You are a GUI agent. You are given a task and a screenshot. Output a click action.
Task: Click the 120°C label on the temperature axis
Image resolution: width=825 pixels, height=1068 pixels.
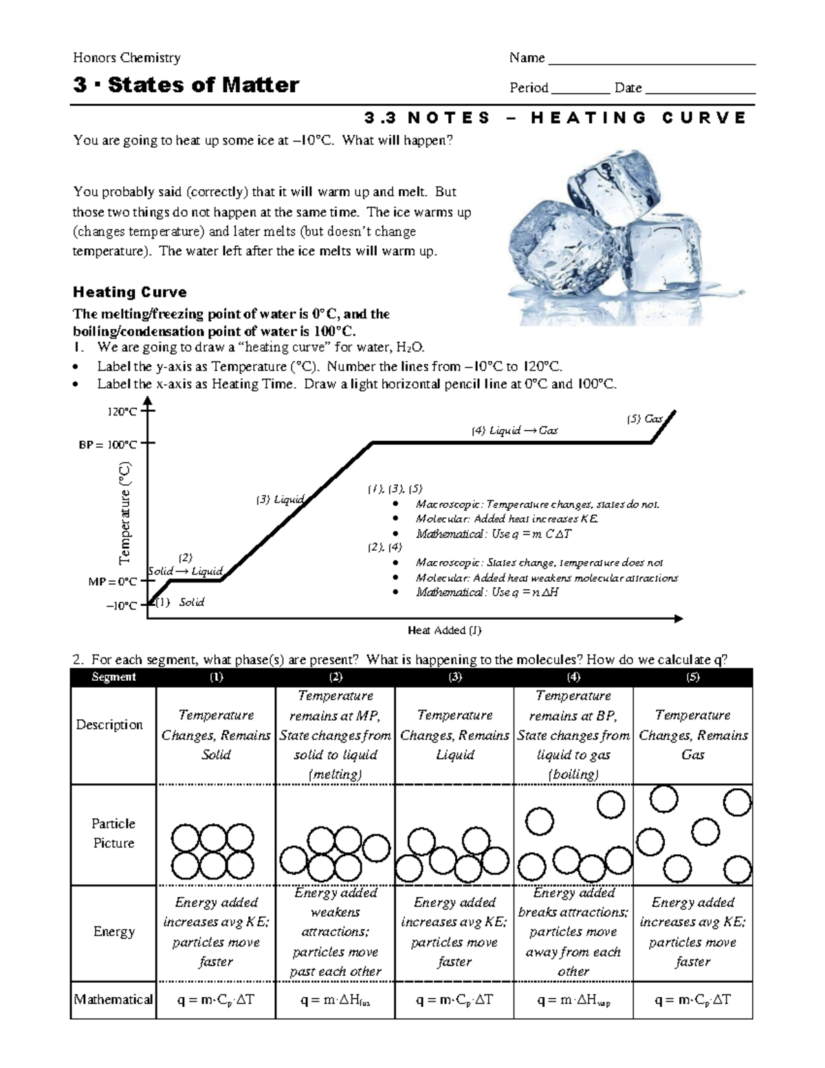pos(122,412)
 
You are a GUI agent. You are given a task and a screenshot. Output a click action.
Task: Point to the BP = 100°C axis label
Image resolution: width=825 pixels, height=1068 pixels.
pos(108,444)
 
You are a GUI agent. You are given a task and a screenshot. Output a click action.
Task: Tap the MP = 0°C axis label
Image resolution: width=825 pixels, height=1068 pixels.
pos(113,582)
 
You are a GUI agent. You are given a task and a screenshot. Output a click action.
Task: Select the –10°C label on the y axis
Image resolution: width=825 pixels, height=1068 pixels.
pos(122,606)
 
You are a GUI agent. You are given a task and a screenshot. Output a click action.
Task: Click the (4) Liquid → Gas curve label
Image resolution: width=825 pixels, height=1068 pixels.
pos(514,431)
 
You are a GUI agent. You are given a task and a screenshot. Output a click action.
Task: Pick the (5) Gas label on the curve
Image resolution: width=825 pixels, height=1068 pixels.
pos(644,419)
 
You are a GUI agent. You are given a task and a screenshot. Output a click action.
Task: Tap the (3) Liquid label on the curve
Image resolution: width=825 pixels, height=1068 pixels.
pos(280,500)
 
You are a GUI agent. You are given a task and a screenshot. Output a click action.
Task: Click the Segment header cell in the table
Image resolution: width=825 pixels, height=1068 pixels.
pos(113,677)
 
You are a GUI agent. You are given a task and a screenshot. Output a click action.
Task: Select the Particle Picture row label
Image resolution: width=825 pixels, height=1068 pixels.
pos(113,833)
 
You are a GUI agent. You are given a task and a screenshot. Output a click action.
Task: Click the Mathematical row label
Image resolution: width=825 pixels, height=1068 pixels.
pos(113,999)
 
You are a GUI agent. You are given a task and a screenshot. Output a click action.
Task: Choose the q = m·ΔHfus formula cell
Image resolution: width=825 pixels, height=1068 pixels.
pos(335,1001)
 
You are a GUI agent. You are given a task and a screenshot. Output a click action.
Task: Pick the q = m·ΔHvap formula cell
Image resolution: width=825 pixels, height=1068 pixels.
pos(573,1001)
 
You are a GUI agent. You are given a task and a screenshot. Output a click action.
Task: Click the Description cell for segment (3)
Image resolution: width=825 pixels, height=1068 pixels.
pos(454,735)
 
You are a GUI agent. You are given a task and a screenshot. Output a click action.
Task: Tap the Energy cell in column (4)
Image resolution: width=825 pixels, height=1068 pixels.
pos(573,932)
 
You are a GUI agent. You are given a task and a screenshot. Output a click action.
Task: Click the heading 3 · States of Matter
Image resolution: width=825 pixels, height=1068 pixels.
pos(186,85)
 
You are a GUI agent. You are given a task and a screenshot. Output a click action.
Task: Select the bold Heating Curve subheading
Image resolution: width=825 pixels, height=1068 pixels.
pos(130,292)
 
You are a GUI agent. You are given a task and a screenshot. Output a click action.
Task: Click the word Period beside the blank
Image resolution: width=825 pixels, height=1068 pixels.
pos(528,88)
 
